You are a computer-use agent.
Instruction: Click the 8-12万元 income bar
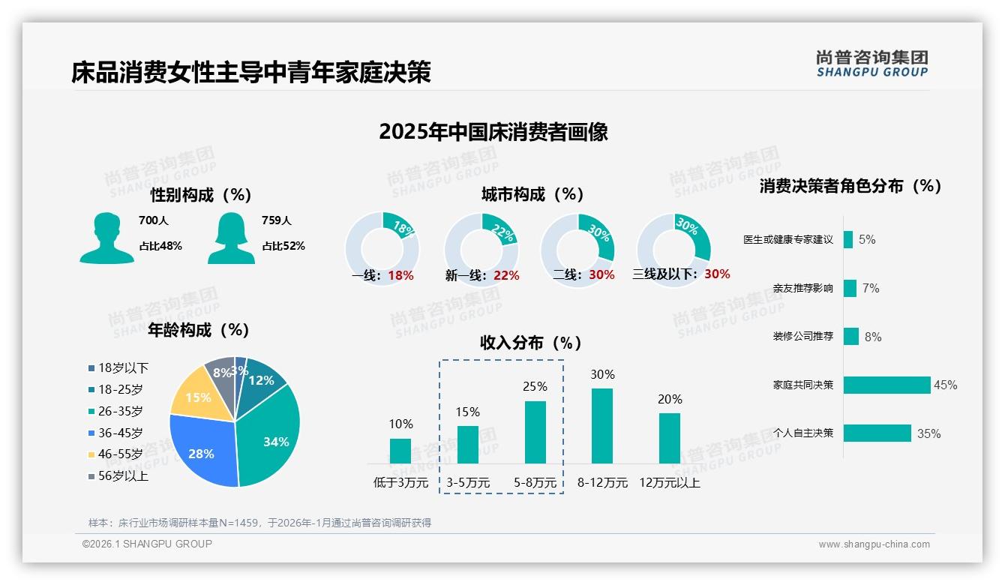point(601,425)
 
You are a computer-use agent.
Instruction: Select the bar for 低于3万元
point(400,451)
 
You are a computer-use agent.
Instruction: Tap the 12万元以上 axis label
point(669,483)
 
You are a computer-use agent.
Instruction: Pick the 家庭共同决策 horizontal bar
point(886,385)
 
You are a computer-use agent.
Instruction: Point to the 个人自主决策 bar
point(877,433)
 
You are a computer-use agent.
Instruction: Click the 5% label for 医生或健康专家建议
point(867,240)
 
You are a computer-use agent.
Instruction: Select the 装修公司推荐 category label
point(802,337)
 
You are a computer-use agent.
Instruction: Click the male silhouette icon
point(106,238)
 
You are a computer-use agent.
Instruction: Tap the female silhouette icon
point(231,238)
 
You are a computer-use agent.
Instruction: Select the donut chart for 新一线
point(481,250)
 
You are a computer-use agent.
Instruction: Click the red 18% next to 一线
point(400,275)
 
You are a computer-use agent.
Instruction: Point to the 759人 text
point(277,220)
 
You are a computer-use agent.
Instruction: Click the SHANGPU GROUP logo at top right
point(871,64)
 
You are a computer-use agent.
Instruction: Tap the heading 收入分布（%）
point(531,343)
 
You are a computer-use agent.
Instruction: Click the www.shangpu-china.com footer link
point(874,544)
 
